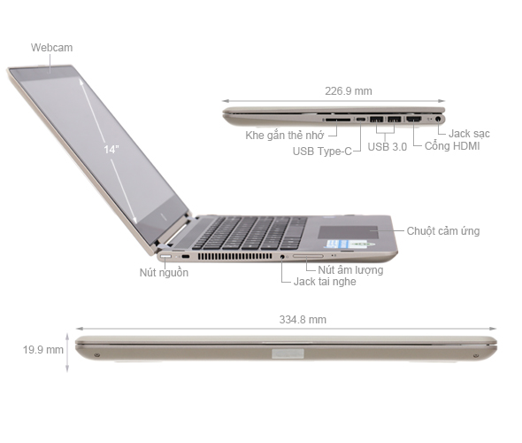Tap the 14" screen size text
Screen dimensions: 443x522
111,150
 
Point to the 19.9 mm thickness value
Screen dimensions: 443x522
42,350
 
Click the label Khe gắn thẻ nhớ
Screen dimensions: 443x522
285,136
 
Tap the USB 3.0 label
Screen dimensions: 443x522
387,147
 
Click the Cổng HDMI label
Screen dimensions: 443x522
452,145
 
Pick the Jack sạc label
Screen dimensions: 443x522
468,134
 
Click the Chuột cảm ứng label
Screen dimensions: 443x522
442,231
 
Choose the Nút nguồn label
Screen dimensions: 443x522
164,273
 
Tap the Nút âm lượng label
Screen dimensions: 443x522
350,269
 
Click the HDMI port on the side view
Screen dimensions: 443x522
412,118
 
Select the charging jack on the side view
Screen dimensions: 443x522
436,118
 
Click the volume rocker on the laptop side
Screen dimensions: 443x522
308,257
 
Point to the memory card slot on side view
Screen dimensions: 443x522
336,118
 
